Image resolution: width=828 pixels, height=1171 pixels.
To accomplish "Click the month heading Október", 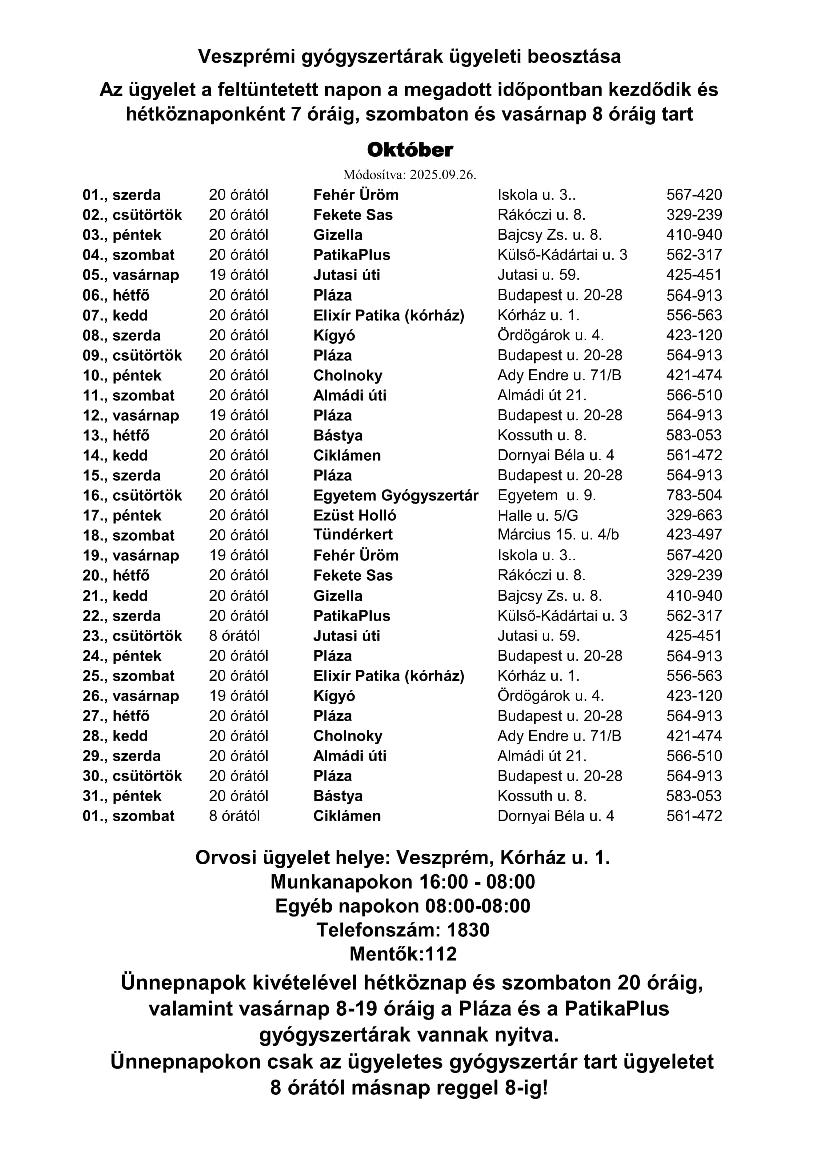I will click(x=410, y=150).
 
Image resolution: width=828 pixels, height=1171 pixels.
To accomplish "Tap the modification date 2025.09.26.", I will click(x=443, y=175).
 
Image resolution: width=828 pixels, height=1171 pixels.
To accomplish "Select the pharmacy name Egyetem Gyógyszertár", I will click(x=395, y=495).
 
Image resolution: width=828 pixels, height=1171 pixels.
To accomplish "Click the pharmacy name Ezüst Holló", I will click(x=355, y=515).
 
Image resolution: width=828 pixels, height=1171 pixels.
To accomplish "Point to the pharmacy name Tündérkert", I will click(x=353, y=535).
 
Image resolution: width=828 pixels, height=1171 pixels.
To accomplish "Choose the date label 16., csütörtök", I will click(x=132, y=495).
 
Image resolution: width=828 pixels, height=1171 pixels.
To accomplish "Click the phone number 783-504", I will click(x=694, y=495).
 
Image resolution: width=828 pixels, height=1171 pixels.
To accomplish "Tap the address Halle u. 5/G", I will click(x=537, y=515).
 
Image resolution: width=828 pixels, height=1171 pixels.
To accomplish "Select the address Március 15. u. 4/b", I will click(x=558, y=535).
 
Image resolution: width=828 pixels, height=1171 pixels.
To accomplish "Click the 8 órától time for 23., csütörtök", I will click(x=234, y=636).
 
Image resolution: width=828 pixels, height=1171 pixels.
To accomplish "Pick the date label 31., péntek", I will click(x=122, y=796).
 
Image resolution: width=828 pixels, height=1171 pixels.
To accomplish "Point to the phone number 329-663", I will click(x=694, y=515).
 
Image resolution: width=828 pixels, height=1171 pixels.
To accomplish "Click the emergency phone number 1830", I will click(x=468, y=930).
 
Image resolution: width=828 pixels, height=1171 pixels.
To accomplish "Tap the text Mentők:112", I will click(x=403, y=954).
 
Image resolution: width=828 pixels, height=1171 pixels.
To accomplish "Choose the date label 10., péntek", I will click(x=122, y=375).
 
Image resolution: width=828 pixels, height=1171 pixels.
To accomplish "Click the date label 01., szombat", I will click(x=129, y=816).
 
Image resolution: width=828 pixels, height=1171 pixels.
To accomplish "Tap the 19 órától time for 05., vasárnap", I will click(x=239, y=275).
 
